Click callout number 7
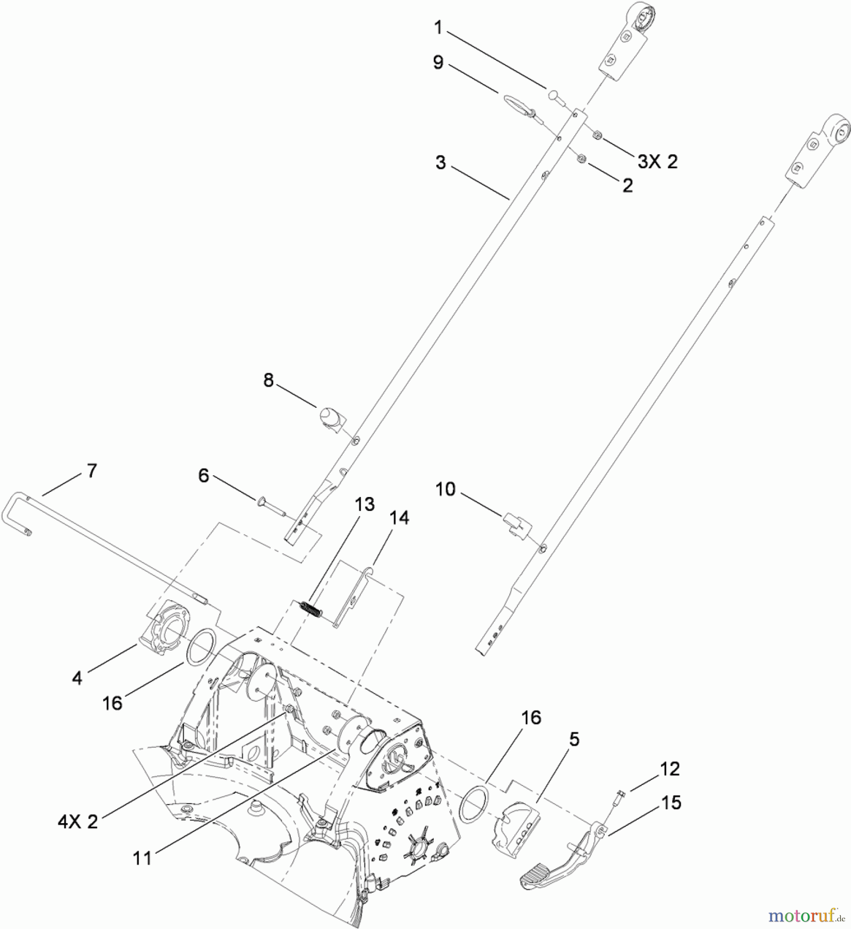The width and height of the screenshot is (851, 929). [91, 471]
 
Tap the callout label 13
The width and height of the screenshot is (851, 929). [365, 504]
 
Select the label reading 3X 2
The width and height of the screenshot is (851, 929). [657, 162]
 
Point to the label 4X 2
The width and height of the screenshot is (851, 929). [77, 821]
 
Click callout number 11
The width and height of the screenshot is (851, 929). [142, 858]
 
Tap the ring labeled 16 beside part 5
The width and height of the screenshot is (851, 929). [473, 803]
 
